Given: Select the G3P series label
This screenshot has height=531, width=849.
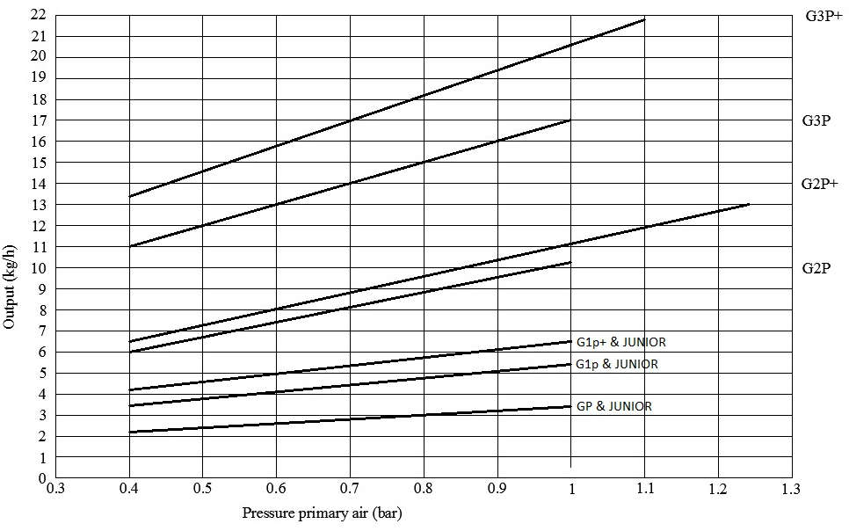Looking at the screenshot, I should pyautogui.click(x=816, y=120).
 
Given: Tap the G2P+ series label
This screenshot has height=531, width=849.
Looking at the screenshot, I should pyautogui.click(x=819, y=184).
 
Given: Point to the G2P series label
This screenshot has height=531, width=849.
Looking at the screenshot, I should pyautogui.click(x=816, y=267).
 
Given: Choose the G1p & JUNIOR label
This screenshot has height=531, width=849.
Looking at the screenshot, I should pyautogui.click(x=616, y=363).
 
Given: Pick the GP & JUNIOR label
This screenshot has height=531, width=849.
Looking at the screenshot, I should pyautogui.click(x=613, y=406).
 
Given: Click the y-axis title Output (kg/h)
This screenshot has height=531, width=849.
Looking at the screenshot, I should pyautogui.click(x=10, y=285).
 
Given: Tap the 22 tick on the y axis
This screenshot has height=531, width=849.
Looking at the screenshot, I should pyautogui.click(x=38, y=15).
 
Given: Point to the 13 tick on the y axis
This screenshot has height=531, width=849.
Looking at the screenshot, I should pyautogui.click(x=38, y=205).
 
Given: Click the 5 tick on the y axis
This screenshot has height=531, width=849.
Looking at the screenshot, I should pyautogui.click(x=41, y=374).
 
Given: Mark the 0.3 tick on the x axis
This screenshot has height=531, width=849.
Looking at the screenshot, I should pyautogui.click(x=56, y=489).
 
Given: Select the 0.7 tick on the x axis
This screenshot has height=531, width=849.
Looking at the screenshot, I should pyautogui.click(x=350, y=489).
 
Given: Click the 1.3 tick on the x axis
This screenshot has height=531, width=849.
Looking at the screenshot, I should pyautogui.click(x=791, y=489).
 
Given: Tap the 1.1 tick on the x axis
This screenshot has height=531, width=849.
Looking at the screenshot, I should pyautogui.click(x=644, y=489).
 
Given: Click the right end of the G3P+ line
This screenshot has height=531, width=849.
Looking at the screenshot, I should pyautogui.click(x=645, y=19).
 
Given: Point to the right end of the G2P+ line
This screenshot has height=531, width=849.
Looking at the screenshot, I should pyautogui.click(x=750, y=204).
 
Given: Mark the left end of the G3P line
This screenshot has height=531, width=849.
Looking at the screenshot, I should pyautogui.click(x=130, y=246).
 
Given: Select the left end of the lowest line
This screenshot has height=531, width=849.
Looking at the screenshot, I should pyautogui.click(x=130, y=432).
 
